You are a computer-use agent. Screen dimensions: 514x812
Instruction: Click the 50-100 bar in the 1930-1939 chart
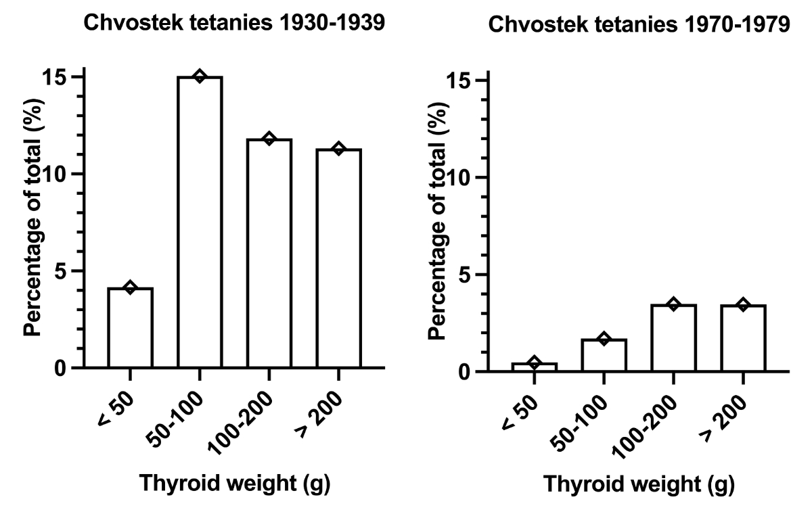[x=200, y=223]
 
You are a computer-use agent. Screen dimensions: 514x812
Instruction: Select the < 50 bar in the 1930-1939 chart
[x=130, y=328]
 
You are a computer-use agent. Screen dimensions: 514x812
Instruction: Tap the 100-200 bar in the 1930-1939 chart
[x=269, y=254]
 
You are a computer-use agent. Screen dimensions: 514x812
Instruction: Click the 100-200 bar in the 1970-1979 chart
[x=674, y=338]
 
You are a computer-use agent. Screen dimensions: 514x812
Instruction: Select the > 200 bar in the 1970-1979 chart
[x=743, y=338]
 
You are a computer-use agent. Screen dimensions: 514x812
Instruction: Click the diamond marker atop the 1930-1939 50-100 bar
[x=200, y=76]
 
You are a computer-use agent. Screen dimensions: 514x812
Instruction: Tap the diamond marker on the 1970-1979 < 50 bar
[x=535, y=363]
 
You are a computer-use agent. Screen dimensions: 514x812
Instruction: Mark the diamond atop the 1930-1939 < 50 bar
[x=130, y=288]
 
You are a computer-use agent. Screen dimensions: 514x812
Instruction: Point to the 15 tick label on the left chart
[x=58, y=76]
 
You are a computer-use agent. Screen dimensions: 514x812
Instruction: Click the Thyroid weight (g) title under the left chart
[x=233, y=484]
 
